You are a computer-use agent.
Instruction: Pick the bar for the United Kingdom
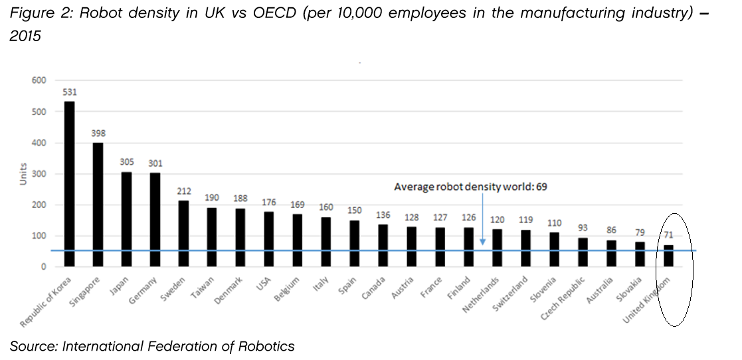[x=669, y=256]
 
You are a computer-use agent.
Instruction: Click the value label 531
[x=70, y=92]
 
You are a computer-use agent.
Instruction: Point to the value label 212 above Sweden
[x=184, y=191]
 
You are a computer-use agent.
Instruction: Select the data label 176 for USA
[x=269, y=202]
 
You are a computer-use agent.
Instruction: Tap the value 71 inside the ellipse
[x=669, y=235]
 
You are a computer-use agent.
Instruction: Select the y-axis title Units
[x=23, y=173]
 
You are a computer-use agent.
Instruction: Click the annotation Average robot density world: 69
[x=470, y=187]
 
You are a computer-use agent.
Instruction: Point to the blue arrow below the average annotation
[x=482, y=220]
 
